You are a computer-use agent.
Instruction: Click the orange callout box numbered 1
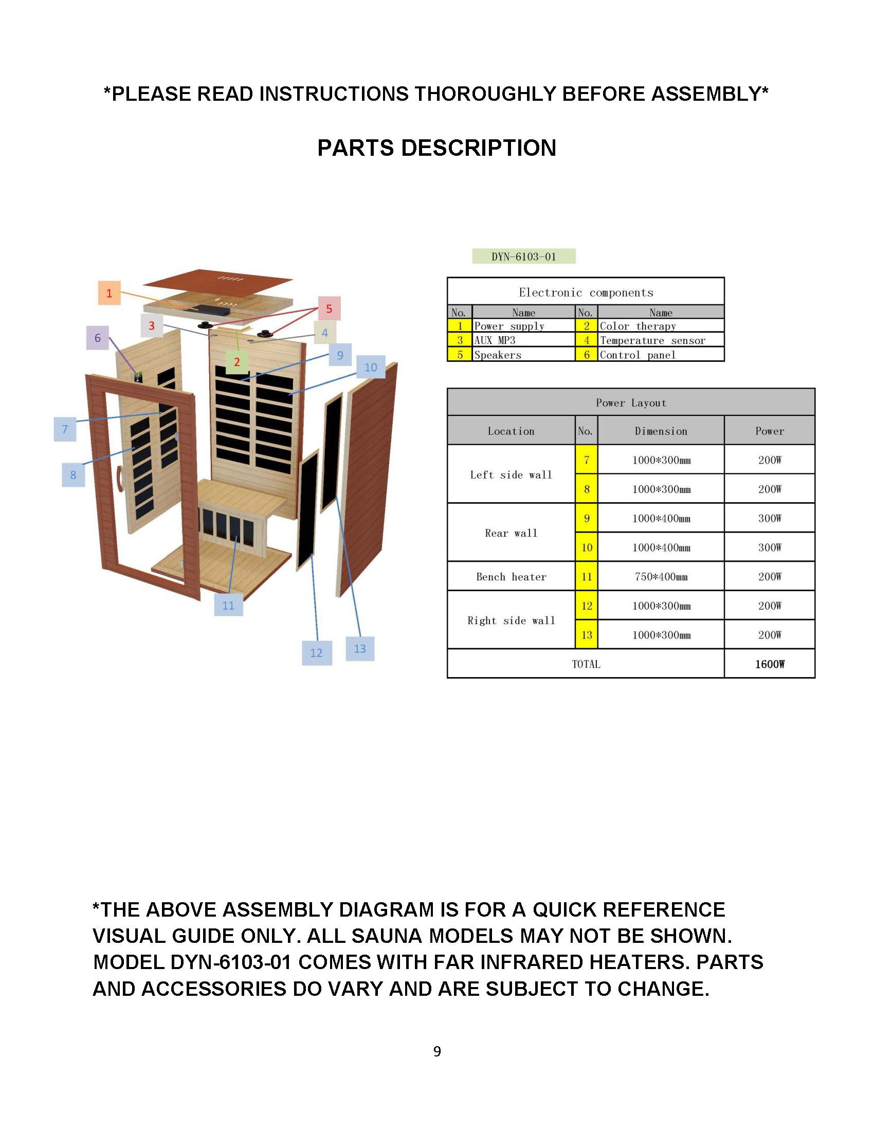[x=109, y=293]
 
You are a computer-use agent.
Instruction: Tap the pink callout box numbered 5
[x=329, y=308]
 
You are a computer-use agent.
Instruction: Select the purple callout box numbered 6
[x=97, y=338]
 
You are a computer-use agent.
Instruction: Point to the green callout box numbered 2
[x=237, y=361]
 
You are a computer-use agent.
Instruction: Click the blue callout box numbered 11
[x=228, y=606]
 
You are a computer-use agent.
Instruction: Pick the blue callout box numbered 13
[x=360, y=648]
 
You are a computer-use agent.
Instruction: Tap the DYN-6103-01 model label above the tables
[x=523, y=257]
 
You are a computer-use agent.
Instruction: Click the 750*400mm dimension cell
[x=661, y=576]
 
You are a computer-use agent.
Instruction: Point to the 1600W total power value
[x=770, y=664]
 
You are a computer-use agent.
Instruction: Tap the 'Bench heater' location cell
[x=511, y=576]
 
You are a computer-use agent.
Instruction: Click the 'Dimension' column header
[x=661, y=431]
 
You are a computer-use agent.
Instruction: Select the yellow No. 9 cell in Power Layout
[x=586, y=518]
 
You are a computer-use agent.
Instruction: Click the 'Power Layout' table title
[x=631, y=403]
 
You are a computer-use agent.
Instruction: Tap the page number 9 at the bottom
[x=437, y=1051]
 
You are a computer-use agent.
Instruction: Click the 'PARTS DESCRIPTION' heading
[x=436, y=148]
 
